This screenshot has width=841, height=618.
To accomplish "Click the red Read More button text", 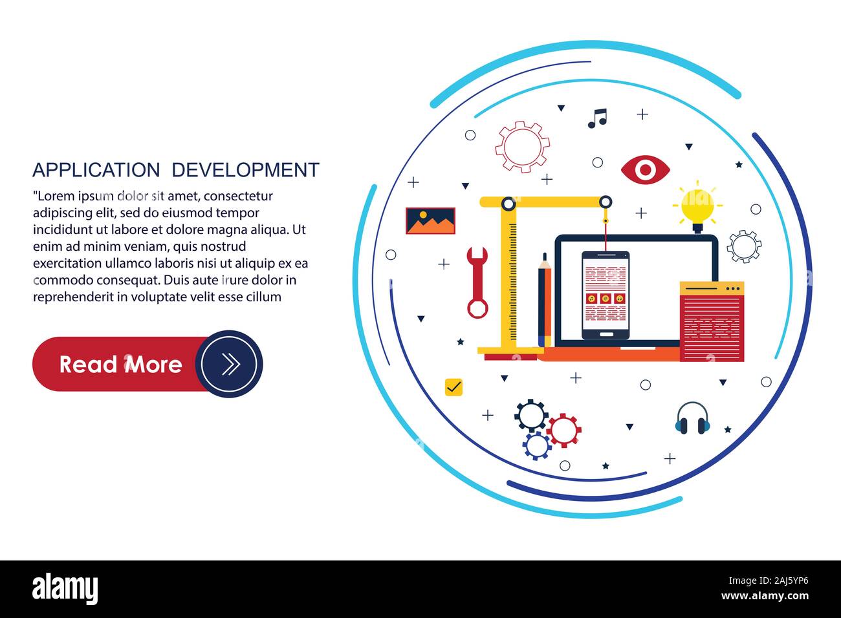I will click(x=120, y=365).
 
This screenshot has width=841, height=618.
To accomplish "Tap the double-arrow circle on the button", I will click(x=229, y=364).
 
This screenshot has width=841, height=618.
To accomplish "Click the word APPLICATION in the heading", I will click(x=96, y=170).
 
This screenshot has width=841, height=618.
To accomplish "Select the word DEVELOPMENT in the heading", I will click(x=245, y=170).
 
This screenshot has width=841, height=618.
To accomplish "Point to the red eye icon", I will click(x=645, y=169).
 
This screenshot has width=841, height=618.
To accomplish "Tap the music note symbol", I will click(x=597, y=118).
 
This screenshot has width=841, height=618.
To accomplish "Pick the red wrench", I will click(x=477, y=282).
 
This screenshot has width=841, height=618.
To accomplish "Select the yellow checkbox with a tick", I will click(x=454, y=387).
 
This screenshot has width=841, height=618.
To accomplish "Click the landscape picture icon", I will click(x=430, y=220).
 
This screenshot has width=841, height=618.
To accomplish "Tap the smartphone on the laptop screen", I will click(x=605, y=295).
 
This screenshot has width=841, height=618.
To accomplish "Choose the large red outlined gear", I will click(x=522, y=147).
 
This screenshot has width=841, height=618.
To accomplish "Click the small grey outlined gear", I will click(x=743, y=246).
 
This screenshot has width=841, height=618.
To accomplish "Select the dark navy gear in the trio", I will click(x=531, y=416).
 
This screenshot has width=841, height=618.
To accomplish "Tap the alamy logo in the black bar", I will click(x=65, y=589).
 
